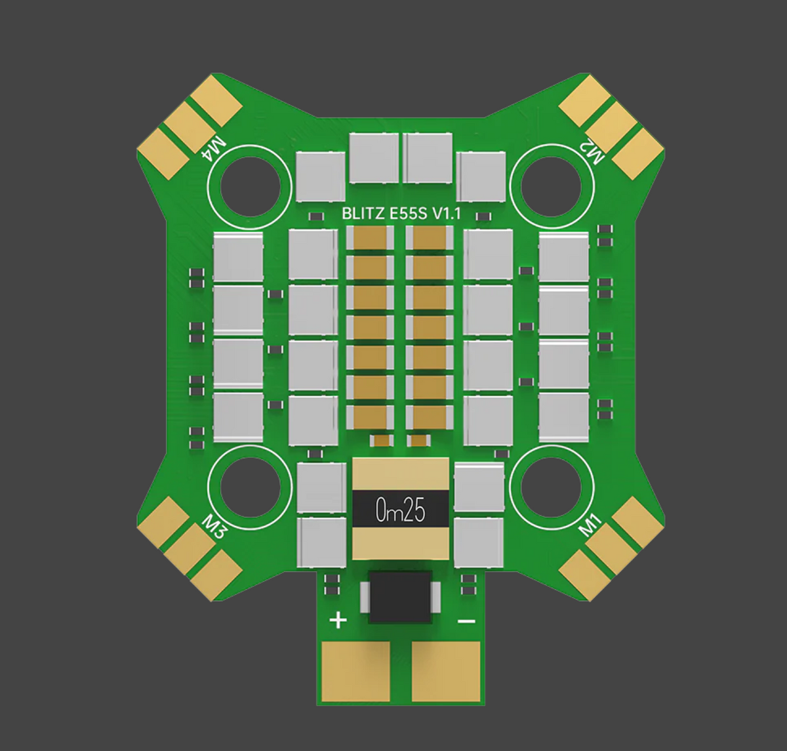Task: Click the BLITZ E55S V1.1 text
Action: pos(401,213)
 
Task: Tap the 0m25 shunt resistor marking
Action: pos(401,510)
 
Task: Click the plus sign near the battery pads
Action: pos(338,620)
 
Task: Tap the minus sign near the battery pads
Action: pos(466,620)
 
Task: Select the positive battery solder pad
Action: pos(356,671)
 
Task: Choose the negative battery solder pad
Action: pos(446,671)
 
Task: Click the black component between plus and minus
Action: pos(400,596)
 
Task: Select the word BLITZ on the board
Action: pos(360,213)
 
